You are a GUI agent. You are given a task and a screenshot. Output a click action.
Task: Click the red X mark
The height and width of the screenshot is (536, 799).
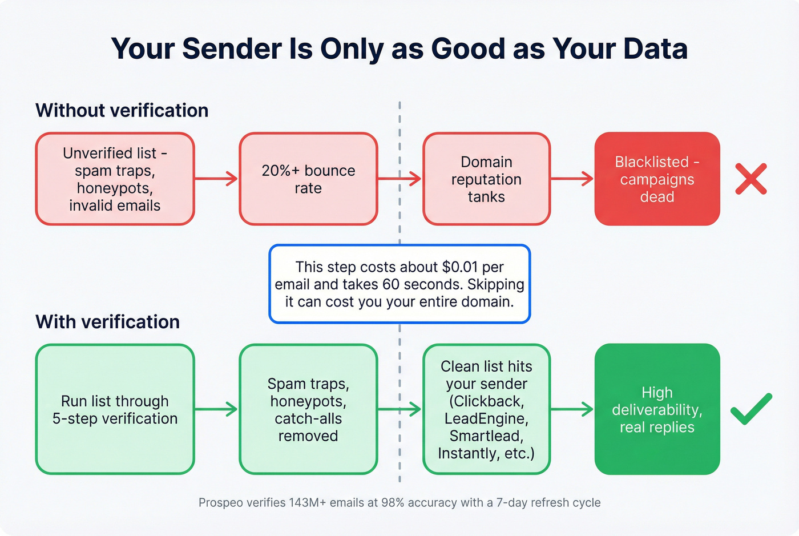750,179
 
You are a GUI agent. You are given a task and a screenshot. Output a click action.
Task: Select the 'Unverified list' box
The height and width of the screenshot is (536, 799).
115,179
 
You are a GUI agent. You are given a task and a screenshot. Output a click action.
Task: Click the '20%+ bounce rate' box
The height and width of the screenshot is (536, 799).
308,179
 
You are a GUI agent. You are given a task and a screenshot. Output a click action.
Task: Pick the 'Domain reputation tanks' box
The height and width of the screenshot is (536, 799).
486,179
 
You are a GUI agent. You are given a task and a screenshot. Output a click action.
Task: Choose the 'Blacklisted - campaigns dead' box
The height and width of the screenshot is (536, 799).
657,179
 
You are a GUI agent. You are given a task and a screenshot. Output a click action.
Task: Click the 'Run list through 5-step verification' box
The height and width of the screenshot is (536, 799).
115,409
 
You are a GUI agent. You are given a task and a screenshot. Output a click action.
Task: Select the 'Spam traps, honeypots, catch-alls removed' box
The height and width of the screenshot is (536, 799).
308,409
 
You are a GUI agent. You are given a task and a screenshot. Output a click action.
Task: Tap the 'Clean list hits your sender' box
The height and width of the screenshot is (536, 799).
486,409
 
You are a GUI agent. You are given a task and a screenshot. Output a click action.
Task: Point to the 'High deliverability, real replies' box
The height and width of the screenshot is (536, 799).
657,409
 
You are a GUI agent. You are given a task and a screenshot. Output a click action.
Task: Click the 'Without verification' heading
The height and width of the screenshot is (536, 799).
122,110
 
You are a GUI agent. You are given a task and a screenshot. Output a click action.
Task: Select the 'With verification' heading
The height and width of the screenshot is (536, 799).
107,322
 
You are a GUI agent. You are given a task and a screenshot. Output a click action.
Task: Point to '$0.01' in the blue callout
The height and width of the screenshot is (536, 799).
460,267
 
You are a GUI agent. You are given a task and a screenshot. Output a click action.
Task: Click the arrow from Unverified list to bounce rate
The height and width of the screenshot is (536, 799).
216,179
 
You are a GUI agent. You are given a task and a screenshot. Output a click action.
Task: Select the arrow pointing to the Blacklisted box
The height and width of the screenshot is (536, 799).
572,179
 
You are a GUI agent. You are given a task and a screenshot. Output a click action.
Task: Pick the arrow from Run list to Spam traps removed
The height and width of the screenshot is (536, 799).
216,409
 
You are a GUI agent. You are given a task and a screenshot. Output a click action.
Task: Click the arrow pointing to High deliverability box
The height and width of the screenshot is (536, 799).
572,409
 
